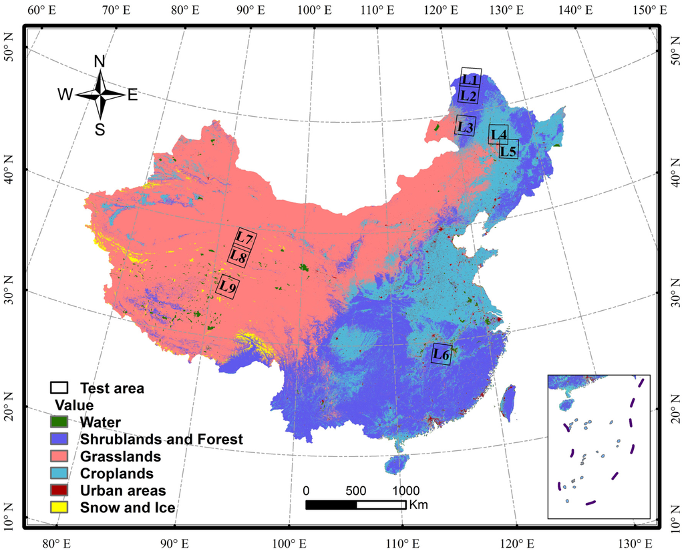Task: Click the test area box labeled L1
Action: tap(471, 78)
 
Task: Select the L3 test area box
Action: tap(465, 126)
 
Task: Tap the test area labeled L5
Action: tap(508, 151)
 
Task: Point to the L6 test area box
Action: tap(441, 354)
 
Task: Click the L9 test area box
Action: tap(227, 287)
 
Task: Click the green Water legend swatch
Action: tap(59, 422)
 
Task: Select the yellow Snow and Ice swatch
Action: tap(59, 508)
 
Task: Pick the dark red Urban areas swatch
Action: tap(59, 491)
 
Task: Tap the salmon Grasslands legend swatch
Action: tap(59, 456)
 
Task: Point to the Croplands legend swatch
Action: tap(59, 474)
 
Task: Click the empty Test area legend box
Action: tap(59, 388)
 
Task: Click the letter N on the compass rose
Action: tap(100, 61)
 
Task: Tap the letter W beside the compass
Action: tap(65, 95)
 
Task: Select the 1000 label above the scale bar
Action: tap(402, 490)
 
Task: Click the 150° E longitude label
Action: tap(651, 10)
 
